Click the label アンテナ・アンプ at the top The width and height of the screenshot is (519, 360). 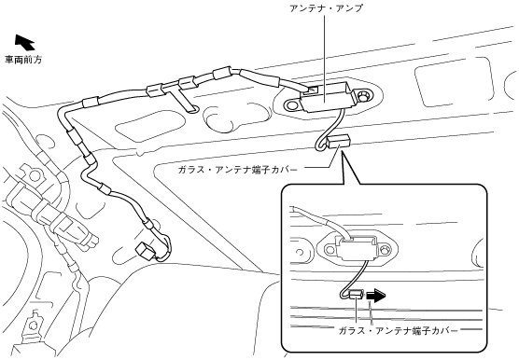[x=326, y=8]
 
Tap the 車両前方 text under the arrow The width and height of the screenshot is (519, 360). [x=23, y=60]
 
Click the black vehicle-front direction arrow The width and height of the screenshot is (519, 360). [x=24, y=42]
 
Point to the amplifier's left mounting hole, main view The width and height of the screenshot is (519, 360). [x=291, y=105]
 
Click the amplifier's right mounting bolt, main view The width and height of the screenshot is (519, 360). [x=364, y=95]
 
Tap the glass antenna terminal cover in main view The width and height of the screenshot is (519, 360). [x=338, y=142]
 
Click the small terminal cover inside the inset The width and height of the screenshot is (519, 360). [x=357, y=294]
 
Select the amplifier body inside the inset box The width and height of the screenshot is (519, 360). [x=358, y=248]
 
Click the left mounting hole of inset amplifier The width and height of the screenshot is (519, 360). [x=330, y=249]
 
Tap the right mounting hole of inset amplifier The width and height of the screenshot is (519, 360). [x=385, y=248]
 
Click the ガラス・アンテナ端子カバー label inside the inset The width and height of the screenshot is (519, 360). [x=398, y=330]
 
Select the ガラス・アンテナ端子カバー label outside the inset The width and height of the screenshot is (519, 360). [x=237, y=170]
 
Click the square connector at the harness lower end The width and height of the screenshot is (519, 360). [x=146, y=250]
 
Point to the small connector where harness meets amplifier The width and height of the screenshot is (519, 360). [x=312, y=90]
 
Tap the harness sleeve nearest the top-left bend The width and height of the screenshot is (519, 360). [x=91, y=103]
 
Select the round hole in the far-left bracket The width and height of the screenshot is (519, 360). [x=34, y=174]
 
